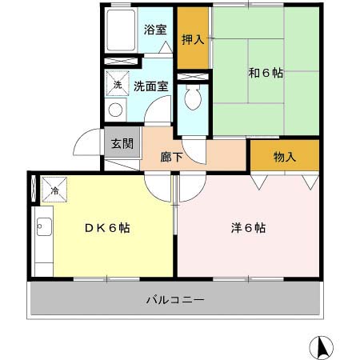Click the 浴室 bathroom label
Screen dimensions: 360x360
point(154,30)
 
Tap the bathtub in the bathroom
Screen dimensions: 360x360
point(122,32)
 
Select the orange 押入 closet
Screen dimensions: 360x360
point(193,38)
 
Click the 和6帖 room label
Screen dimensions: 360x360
point(266,73)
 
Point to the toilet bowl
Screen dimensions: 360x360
point(192,99)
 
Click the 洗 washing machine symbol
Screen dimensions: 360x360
point(117,85)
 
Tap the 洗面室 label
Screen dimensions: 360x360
point(150,85)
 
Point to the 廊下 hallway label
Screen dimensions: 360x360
point(173,156)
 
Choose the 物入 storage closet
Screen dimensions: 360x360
point(284,156)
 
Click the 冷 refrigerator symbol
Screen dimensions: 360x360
point(54,190)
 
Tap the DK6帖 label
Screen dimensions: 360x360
point(108,227)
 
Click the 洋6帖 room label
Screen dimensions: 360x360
point(248,227)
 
